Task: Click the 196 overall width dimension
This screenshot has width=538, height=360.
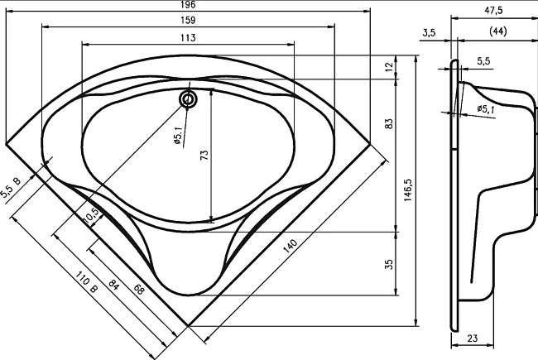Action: pyautogui.click(x=188, y=4)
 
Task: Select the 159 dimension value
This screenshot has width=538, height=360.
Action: pyautogui.click(x=188, y=20)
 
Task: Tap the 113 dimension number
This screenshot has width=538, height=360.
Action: pyautogui.click(x=188, y=37)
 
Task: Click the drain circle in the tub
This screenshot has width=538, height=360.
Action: pyautogui.click(x=188, y=99)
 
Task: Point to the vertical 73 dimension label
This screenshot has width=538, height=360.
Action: pyautogui.click(x=204, y=155)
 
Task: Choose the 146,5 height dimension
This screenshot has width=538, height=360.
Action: pyautogui.click(x=408, y=190)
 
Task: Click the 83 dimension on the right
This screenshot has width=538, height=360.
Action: pyautogui.click(x=389, y=123)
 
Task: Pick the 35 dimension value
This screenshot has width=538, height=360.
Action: pyautogui.click(x=389, y=264)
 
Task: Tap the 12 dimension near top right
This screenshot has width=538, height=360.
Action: pyautogui.click(x=389, y=66)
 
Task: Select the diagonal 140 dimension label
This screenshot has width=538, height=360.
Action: pyautogui.click(x=291, y=246)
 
